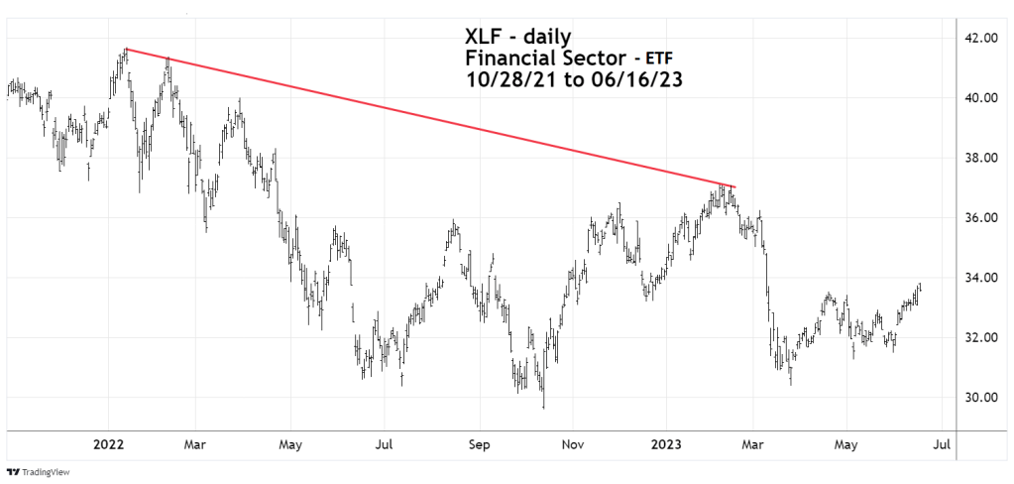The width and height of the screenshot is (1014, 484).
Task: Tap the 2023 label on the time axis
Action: point(664,445)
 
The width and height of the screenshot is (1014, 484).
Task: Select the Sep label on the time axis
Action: point(479,445)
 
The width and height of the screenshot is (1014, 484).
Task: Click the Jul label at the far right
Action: point(942,445)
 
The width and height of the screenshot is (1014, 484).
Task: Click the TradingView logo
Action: point(35,471)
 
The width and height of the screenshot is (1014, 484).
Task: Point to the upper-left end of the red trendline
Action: point(127,50)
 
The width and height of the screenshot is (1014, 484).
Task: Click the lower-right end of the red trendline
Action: point(734,186)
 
